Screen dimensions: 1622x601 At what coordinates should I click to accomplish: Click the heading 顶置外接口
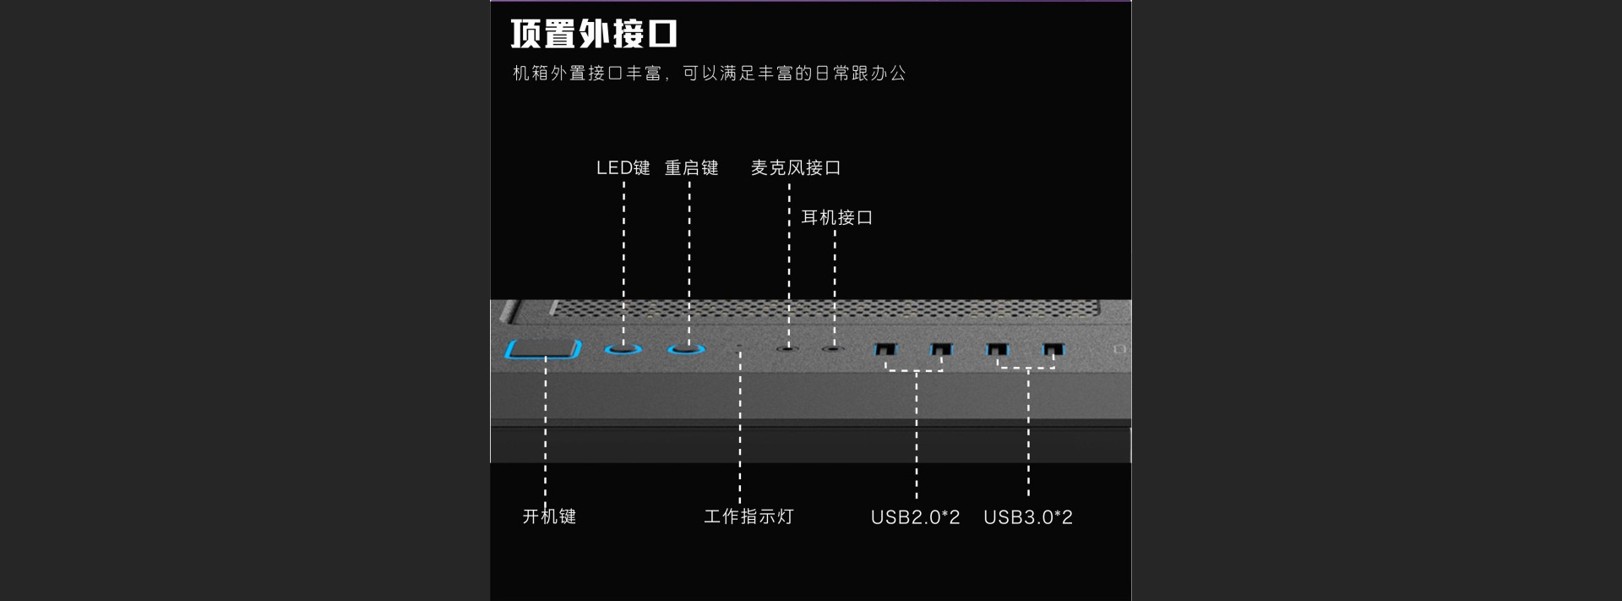[x=594, y=34]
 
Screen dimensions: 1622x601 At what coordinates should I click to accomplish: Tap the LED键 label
[x=623, y=167]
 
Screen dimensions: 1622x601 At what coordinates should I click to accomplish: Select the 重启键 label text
[x=691, y=167]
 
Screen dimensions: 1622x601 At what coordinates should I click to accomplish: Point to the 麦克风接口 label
[x=796, y=167]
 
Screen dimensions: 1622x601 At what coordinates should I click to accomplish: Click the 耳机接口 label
[x=836, y=217]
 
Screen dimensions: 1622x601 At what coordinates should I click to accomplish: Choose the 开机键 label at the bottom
[x=549, y=516]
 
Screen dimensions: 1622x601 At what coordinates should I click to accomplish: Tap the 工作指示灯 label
[x=748, y=516]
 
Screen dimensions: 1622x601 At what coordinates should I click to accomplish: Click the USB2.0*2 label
[x=915, y=516]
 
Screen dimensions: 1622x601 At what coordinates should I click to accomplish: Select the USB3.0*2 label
[x=1028, y=516]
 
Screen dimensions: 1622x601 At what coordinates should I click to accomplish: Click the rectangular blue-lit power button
[x=543, y=348]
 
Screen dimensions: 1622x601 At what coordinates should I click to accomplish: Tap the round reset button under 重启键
[x=686, y=347]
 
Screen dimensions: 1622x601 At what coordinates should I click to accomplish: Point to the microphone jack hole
[x=787, y=347]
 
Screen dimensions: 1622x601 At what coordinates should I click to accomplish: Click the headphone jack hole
[x=834, y=347]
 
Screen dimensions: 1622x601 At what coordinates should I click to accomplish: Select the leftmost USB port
[x=885, y=348]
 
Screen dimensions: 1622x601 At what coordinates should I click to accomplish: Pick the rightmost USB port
[x=1053, y=348]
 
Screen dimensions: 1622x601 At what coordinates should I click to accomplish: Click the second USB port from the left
[x=941, y=348]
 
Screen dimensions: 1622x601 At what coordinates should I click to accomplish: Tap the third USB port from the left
[x=998, y=348]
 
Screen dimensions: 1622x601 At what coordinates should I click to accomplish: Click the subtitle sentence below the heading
[x=709, y=74]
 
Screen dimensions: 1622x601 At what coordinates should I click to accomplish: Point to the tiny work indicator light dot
[x=740, y=347]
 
